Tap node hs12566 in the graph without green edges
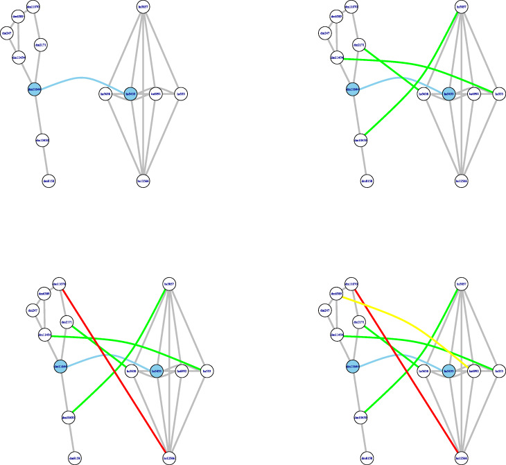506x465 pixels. pyautogui.click(x=143, y=180)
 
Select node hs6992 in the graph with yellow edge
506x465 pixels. pyautogui.click(x=473, y=371)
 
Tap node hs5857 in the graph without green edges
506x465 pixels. pyautogui.click(x=143, y=7)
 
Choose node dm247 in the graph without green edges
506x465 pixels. pyautogui.click(x=7, y=33)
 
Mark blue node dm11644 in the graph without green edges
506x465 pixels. pyautogui.click(x=34, y=89)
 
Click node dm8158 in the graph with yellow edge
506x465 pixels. pyautogui.click(x=367, y=457)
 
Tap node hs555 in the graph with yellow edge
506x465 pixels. pyautogui.click(x=498, y=371)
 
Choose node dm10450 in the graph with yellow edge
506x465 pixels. pyautogui.click(x=360, y=417)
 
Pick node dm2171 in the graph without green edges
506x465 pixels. pyautogui.click(x=41, y=45)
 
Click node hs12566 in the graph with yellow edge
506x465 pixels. pyautogui.click(x=461, y=457)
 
